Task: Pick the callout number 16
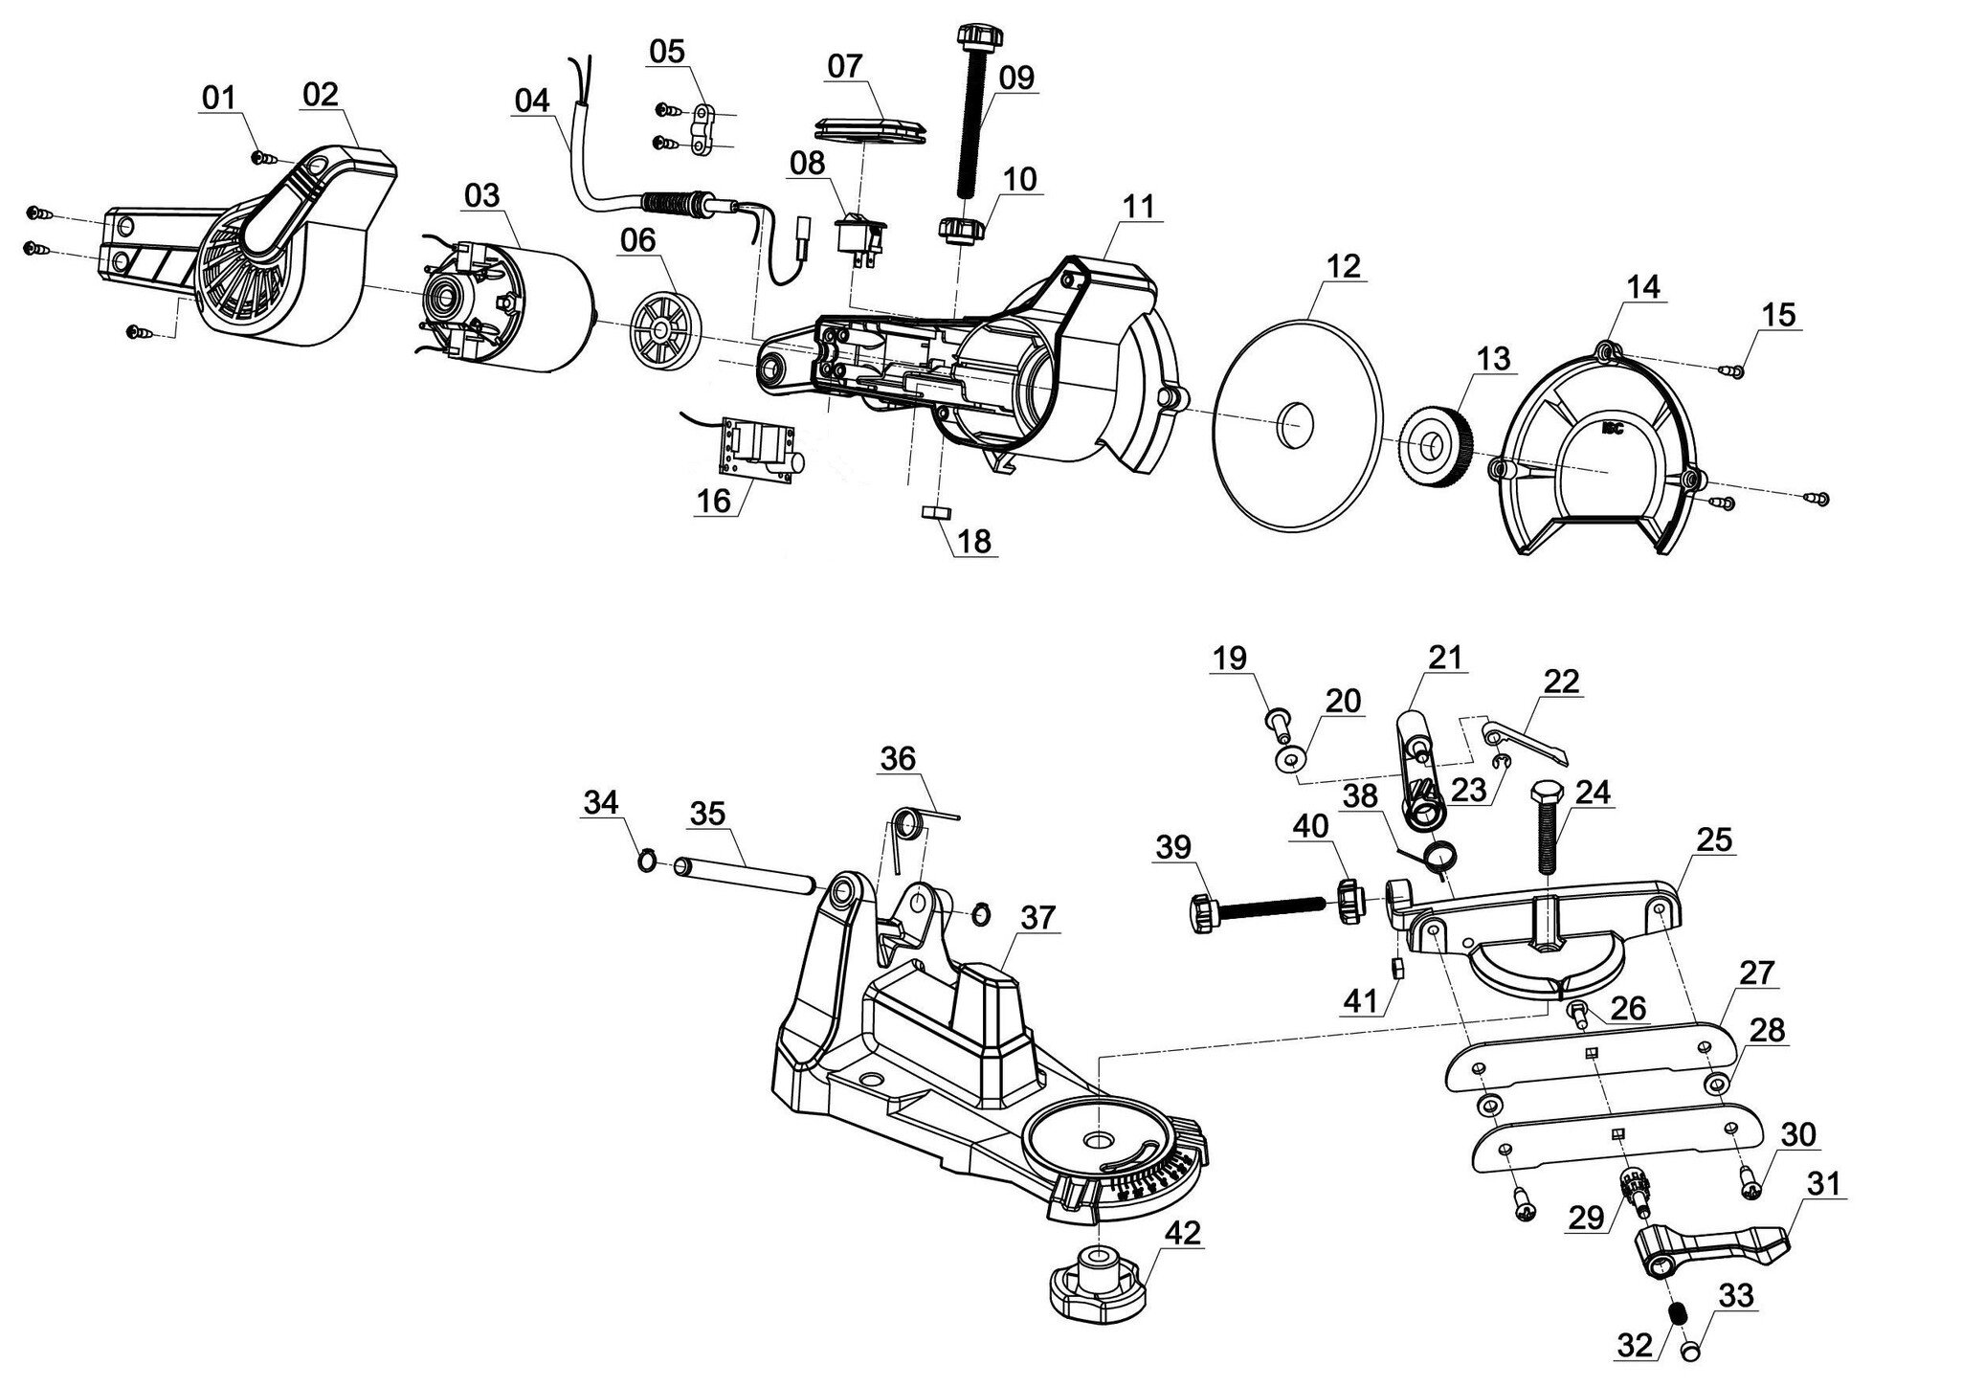click(x=714, y=500)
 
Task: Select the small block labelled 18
click(x=933, y=513)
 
